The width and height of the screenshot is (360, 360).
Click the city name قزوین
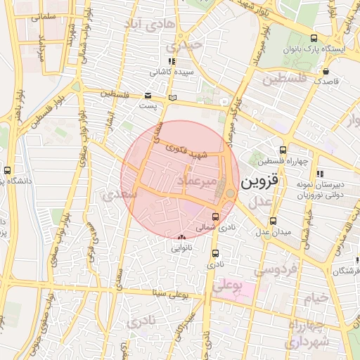pyautogui.click(x=259, y=181)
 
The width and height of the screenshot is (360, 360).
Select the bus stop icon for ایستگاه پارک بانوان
pyautogui.click(x=313, y=39)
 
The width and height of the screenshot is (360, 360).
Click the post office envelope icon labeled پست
pyautogui.click(x=148, y=96)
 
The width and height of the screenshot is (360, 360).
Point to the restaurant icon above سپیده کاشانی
pyautogui.click(x=172, y=61)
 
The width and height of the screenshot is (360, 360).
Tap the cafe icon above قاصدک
pyautogui.click(x=326, y=71)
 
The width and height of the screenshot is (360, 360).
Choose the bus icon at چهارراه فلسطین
pyautogui.click(x=283, y=150)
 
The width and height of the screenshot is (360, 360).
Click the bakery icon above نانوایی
pyautogui.click(x=183, y=237)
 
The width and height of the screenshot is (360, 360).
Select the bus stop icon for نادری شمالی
pyautogui.click(x=215, y=217)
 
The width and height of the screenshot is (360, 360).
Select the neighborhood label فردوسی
pyautogui.click(x=276, y=269)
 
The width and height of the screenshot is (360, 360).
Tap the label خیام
pyautogui.click(x=316, y=297)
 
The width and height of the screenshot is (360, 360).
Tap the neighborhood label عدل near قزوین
pyautogui.click(x=262, y=202)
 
